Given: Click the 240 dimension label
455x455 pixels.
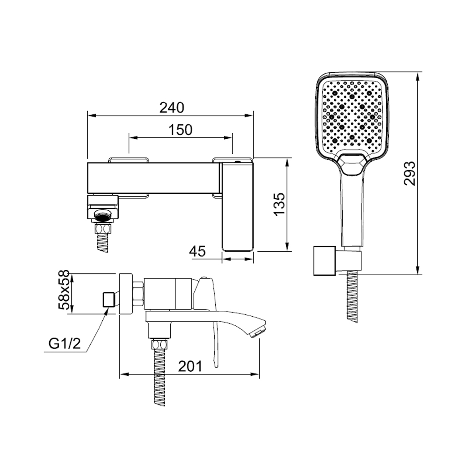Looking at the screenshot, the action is (x=172, y=108).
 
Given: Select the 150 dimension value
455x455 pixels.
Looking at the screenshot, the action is (x=180, y=130).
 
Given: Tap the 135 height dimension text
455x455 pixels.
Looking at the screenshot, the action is (x=280, y=204).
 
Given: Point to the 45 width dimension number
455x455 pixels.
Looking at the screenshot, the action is (x=197, y=251).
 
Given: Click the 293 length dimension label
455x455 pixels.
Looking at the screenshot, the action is (x=409, y=173).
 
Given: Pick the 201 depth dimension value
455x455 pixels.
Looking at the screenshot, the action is (x=190, y=366).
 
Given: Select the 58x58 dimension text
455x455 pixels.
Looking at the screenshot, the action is (x=64, y=290).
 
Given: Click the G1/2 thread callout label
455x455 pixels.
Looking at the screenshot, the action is (x=65, y=344).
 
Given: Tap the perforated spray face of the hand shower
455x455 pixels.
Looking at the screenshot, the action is (x=352, y=116).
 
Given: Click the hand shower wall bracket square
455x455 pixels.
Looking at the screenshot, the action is (x=324, y=261).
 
